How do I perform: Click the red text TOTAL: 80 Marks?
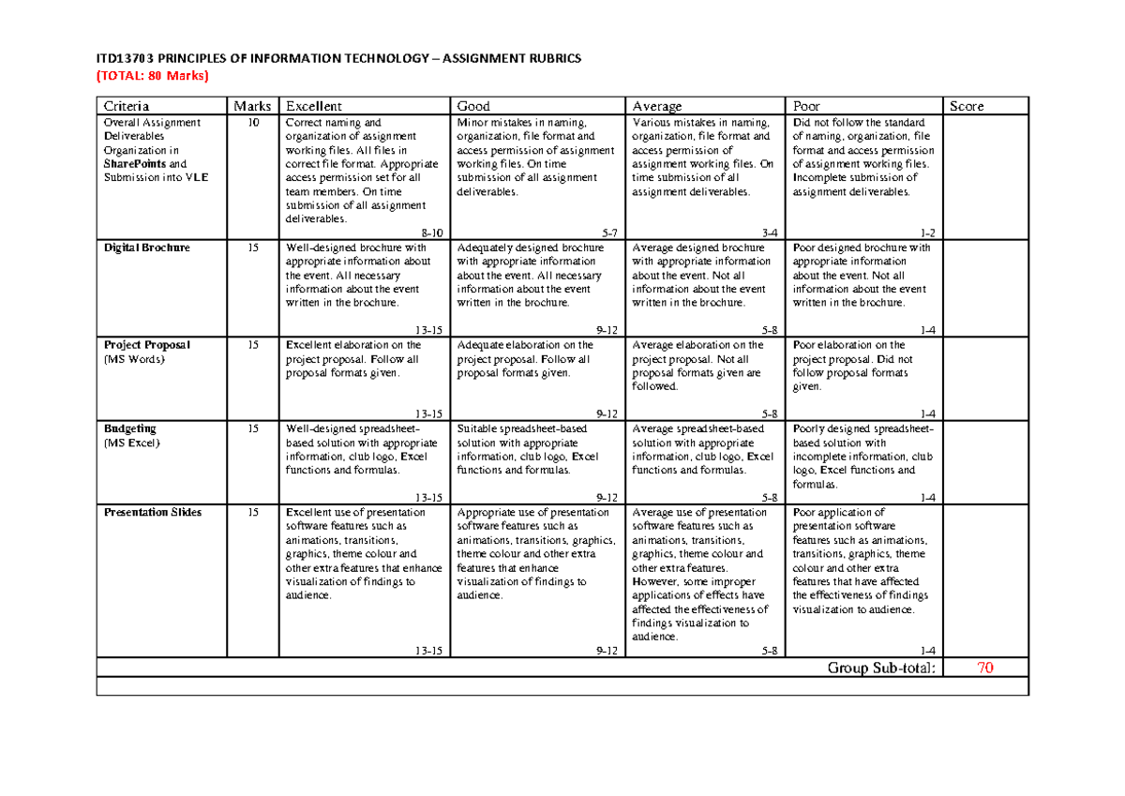[153, 76]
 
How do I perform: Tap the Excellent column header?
[313, 106]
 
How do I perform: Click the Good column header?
[473, 106]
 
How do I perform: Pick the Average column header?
[656, 106]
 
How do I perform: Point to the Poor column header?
[808, 106]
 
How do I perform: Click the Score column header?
[967, 106]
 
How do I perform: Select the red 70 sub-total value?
[984, 668]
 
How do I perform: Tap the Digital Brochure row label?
[146, 248]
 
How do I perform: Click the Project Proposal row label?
[147, 345]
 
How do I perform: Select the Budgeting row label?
[130, 428]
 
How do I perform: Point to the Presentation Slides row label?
[152, 512]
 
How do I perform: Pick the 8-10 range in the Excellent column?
[434, 232]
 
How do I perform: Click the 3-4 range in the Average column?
[769, 232]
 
